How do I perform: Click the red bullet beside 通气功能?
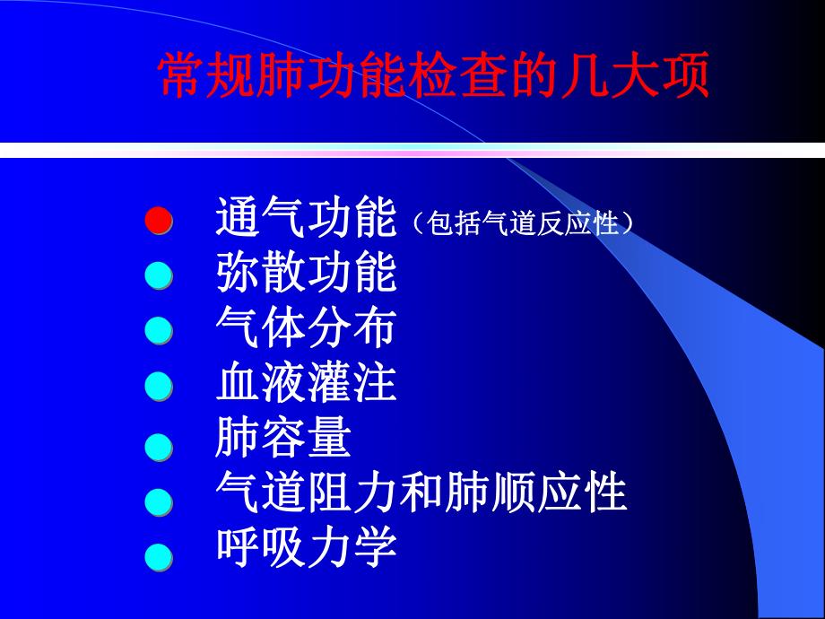point(159,221)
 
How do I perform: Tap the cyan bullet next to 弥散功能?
point(159,276)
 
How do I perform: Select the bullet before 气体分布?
point(159,332)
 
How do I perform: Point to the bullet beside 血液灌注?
point(159,388)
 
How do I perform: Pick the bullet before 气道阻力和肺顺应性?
point(159,501)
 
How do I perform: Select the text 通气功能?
point(306,218)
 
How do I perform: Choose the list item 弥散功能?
point(306,275)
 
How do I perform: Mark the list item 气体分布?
point(306,329)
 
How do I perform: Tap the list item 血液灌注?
point(306,385)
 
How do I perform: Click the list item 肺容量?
point(283,440)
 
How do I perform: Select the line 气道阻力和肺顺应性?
point(421,493)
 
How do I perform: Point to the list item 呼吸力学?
point(306,548)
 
